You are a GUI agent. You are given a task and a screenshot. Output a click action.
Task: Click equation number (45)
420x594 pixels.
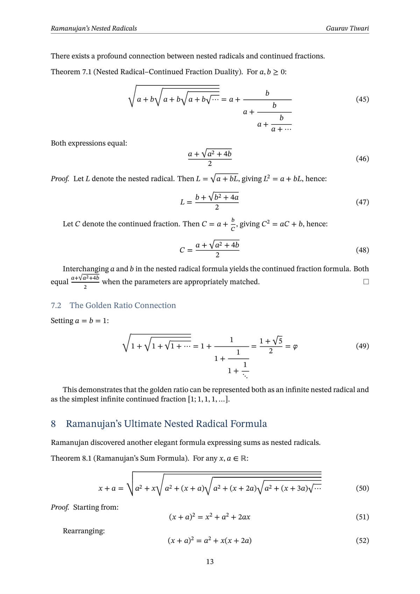pyautogui.click(x=362, y=99)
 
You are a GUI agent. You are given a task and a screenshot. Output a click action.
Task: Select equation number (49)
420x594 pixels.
pyautogui.click(x=362, y=346)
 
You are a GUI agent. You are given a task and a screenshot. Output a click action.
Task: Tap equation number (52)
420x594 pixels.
pyautogui.click(x=362, y=540)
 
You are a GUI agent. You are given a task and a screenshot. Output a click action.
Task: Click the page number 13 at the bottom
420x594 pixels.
pyautogui.click(x=210, y=562)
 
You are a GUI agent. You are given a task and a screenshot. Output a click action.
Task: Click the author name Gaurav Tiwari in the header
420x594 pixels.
pyautogui.click(x=347, y=28)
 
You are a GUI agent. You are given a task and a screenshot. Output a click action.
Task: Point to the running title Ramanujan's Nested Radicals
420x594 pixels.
pyautogui.click(x=94, y=28)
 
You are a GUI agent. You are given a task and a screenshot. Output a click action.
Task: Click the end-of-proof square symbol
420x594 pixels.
pyautogui.click(x=366, y=282)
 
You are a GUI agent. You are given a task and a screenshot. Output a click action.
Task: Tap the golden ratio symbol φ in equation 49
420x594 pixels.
pyautogui.click(x=295, y=347)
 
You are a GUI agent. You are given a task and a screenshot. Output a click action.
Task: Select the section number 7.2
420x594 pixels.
pyautogui.click(x=56, y=306)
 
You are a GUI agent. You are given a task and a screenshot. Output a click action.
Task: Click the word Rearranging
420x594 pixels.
pyautogui.click(x=84, y=531)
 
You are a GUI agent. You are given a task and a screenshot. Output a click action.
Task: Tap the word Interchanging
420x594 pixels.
pyautogui.click(x=86, y=269)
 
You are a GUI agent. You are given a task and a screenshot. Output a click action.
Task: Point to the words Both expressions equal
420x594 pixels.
pyautogui.click(x=89, y=143)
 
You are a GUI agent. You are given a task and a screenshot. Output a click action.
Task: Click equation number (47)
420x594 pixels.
pyautogui.click(x=362, y=202)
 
